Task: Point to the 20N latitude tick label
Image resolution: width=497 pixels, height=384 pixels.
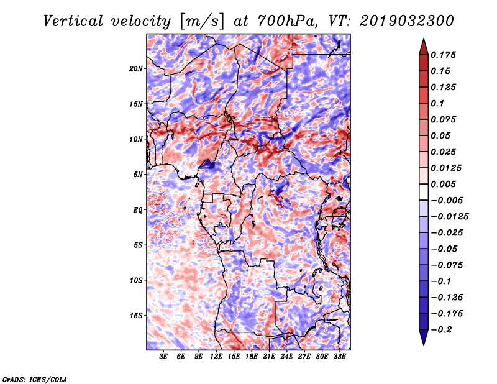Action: [136, 68]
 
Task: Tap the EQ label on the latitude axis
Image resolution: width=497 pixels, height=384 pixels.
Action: [138, 210]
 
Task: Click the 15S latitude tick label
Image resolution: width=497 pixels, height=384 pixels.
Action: [136, 316]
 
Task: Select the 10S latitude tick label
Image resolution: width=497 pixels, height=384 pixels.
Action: [136, 280]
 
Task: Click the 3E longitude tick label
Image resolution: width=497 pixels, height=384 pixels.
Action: [164, 357]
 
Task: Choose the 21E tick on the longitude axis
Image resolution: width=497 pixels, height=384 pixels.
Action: [269, 357]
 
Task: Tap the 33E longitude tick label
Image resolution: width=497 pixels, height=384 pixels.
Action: [339, 357]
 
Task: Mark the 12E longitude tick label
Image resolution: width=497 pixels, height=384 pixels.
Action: [216, 357]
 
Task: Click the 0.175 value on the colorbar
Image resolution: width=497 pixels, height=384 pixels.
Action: [445, 55]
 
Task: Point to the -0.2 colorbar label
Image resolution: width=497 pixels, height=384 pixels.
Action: [445, 330]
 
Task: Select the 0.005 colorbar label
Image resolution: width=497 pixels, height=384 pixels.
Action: [445, 185]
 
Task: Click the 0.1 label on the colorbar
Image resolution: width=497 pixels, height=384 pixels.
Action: [439, 104]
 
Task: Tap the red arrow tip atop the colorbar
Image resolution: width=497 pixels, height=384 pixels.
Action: [423, 45]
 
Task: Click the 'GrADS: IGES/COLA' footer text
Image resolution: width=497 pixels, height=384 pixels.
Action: [35, 378]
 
